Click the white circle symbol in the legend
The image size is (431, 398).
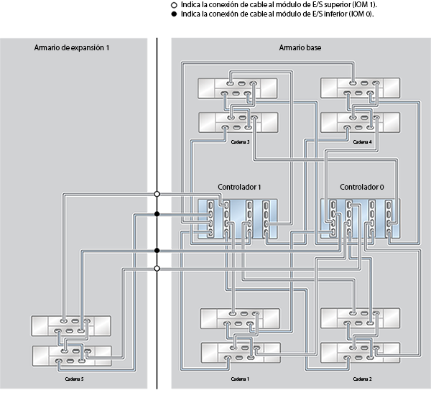176,4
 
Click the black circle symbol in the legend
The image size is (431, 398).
176,14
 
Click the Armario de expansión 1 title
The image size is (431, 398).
71,47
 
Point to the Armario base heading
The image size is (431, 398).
300,47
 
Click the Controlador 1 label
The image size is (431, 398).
238,188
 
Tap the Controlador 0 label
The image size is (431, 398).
361,188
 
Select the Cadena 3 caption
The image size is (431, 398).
239,142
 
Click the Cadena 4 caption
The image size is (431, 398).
363,142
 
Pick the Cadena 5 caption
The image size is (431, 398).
73,378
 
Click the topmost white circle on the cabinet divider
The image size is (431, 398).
157,193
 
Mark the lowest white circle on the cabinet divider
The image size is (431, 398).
157,269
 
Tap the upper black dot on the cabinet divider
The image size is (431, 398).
157,213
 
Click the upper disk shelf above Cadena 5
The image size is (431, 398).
71,325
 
